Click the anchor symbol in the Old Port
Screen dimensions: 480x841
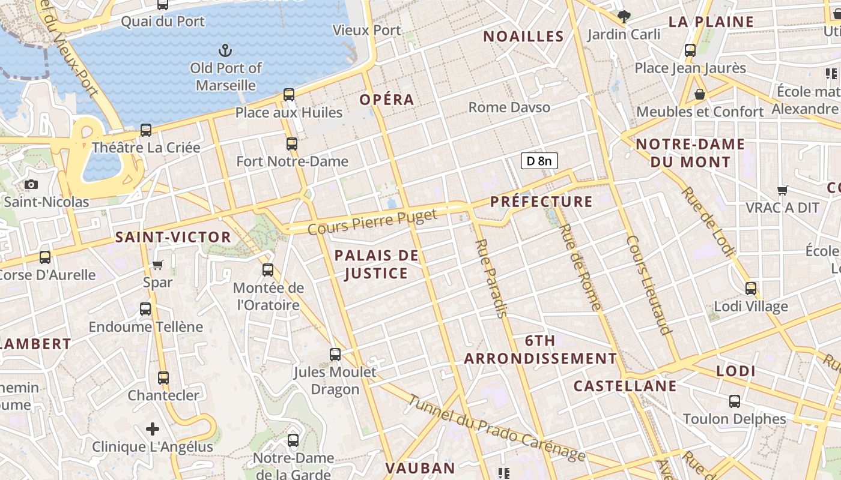pyautogui.click(x=226, y=50)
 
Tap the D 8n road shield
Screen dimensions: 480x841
pyautogui.click(x=539, y=161)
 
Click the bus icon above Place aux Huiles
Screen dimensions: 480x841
pyautogui.click(x=289, y=95)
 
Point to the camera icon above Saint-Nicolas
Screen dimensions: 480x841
pyautogui.click(x=31, y=184)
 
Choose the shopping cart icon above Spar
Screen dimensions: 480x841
pyautogui.click(x=158, y=265)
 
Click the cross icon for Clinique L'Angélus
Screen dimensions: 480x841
pyautogui.click(x=153, y=429)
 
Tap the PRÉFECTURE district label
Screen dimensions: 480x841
pyautogui.click(x=541, y=202)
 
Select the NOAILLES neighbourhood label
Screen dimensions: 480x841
pyautogui.click(x=524, y=37)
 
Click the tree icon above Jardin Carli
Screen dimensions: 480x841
pyautogui.click(x=624, y=17)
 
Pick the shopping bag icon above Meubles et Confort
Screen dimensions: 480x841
pyautogui.click(x=700, y=94)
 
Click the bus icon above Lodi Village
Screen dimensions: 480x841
pyautogui.click(x=751, y=289)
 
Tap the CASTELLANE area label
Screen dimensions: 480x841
pyautogui.click(x=625, y=386)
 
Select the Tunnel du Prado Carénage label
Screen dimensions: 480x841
pyautogui.click(x=496, y=428)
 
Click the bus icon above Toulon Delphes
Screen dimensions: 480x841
pyautogui.click(x=735, y=401)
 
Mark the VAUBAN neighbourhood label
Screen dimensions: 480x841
pyautogui.click(x=420, y=468)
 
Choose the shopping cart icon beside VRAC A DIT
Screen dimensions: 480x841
pyautogui.click(x=782, y=190)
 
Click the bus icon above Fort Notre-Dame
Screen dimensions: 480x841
pyautogui.click(x=292, y=144)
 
